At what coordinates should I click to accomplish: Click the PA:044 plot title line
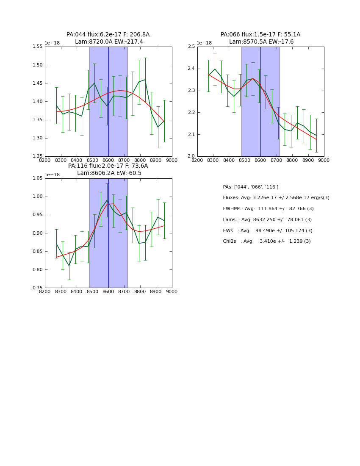(x=108, y=35)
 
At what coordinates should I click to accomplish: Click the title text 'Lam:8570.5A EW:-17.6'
(x=261, y=42)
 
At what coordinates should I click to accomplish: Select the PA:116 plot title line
(x=108, y=166)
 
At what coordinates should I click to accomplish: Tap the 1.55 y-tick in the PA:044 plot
(x=38, y=47)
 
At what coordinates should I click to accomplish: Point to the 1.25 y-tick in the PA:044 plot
(x=38, y=156)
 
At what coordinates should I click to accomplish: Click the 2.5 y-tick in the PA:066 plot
(x=191, y=47)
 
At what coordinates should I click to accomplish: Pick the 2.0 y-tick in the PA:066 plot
(x=191, y=156)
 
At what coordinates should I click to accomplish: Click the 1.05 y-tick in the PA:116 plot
(x=38, y=178)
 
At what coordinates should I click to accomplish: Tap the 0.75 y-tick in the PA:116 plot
(x=38, y=288)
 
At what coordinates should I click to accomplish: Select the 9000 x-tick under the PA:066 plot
(x=324, y=160)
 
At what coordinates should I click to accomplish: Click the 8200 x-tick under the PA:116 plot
(x=45, y=291)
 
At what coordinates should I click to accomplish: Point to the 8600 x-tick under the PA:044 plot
(x=108, y=160)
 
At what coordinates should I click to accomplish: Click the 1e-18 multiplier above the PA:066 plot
(x=204, y=43)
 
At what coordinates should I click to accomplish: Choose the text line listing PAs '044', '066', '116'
(x=250, y=187)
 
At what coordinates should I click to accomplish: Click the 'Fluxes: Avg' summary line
(x=276, y=198)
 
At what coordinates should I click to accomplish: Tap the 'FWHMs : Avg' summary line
(x=268, y=209)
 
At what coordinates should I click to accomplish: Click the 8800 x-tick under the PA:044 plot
(x=140, y=160)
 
